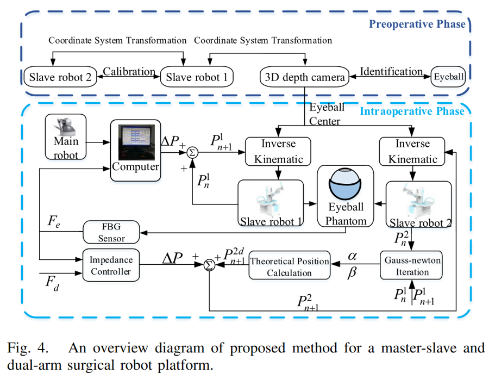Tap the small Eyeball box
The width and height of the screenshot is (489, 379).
(449, 77)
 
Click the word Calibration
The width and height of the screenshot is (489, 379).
(129, 72)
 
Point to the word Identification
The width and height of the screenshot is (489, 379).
(391, 72)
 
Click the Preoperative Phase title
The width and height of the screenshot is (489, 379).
(417, 24)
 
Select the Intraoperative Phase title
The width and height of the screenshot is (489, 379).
(411, 111)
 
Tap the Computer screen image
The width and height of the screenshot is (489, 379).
(136, 141)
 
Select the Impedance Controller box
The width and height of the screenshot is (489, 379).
(111, 264)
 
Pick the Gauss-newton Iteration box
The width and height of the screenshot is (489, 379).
(411, 265)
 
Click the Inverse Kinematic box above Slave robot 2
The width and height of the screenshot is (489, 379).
(409, 151)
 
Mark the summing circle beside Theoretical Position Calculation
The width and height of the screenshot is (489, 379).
(209, 266)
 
